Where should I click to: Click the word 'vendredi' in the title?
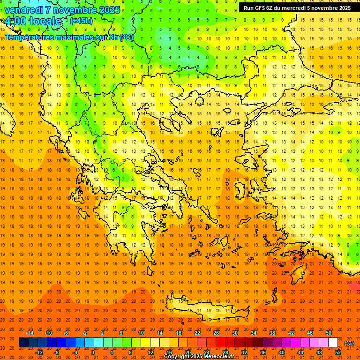click(23, 10)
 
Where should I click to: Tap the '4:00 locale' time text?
click(33, 21)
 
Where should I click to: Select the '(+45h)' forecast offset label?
click(81, 21)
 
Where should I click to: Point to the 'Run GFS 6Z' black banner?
click(297, 8)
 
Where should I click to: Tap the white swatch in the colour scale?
click(333, 343)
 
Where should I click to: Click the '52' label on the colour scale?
click(337, 352)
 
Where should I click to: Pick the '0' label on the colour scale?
click(93, 352)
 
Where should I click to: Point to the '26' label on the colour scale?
click(216, 333)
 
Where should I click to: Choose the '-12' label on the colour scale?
click(39, 352)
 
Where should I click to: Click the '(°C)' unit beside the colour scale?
click(349, 343)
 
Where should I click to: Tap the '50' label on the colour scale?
click(328, 333)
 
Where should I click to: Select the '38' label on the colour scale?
click(272, 333)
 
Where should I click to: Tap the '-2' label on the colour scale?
click(84, 333)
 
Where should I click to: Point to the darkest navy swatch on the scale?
click(23, 343)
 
